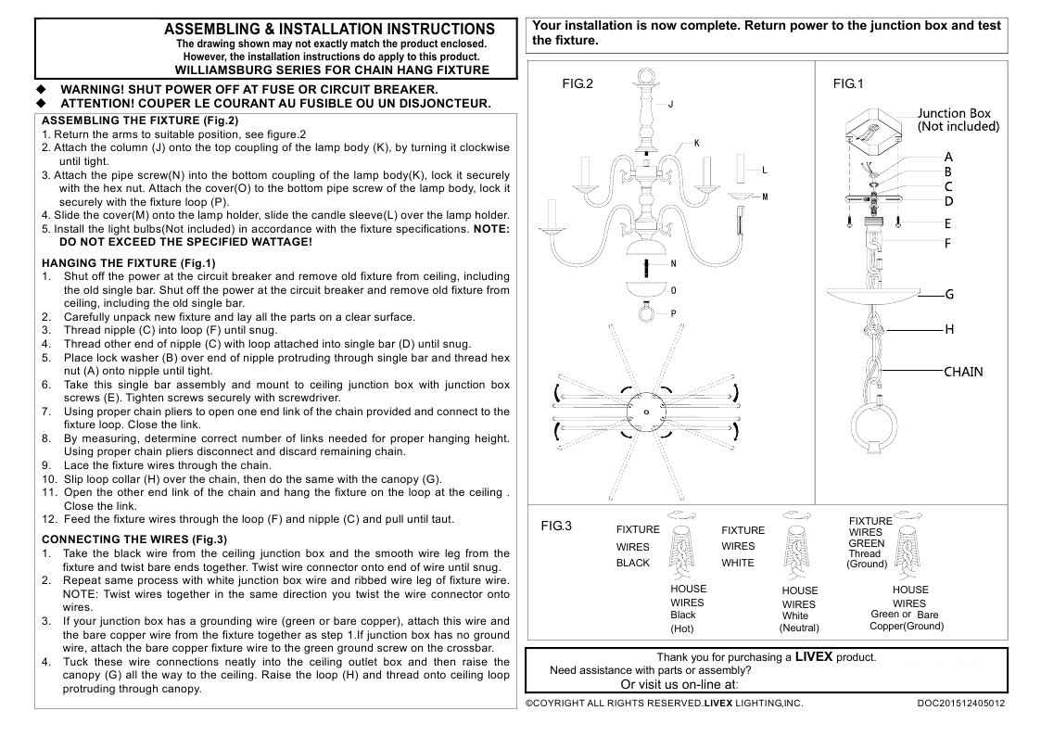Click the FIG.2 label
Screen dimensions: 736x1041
[577, 83]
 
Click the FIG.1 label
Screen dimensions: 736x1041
[848, 83]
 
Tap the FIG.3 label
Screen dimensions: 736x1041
[556, 526]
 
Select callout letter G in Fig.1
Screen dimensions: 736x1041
[948, 295]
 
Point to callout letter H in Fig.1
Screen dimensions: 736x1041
[948, 329]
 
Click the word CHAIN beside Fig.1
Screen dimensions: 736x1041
[963, 372]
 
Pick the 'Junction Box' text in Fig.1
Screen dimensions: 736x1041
[955, 113]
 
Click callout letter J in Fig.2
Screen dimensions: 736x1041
[669, 105]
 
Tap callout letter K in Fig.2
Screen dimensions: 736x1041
[696, 144]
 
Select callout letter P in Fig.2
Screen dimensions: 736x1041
[673, 313]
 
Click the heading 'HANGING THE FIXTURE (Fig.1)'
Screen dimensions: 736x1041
[117, 262]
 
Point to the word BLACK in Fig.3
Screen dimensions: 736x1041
[633, 563]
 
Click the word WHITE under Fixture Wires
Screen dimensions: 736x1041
[738, 563]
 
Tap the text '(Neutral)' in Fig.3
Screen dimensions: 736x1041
[798, 628]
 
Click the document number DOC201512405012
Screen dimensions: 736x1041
[960, 704]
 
